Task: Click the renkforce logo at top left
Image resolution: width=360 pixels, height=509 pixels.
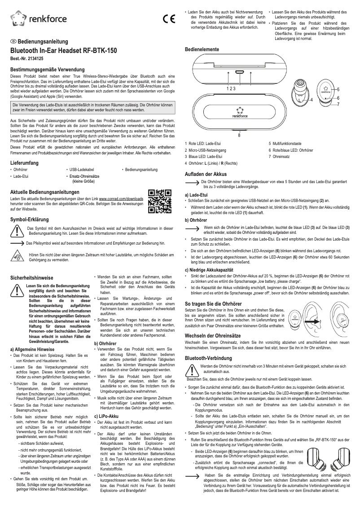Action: pos(38,19)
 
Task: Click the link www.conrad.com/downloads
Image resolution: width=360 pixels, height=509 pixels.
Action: pos(121,198)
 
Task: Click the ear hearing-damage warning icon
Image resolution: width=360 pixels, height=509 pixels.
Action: pos(17,257)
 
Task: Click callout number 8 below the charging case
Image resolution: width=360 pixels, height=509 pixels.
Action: pos(239,135)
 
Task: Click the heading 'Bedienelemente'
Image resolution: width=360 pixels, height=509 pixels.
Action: pos(202,48)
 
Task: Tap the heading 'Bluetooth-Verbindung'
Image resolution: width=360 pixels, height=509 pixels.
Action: pos(209,358)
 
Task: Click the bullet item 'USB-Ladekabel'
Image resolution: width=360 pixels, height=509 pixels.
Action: pos(81,170)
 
